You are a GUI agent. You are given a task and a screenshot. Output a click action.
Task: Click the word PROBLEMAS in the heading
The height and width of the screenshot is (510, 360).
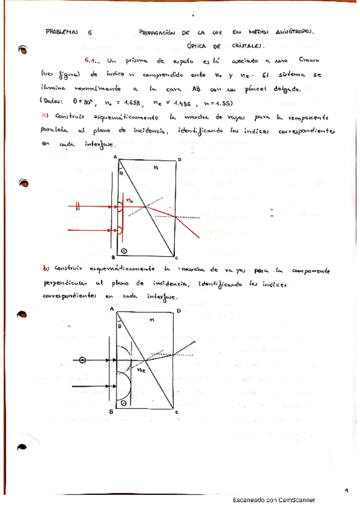62,32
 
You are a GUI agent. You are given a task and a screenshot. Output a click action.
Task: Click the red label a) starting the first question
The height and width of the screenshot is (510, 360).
45,115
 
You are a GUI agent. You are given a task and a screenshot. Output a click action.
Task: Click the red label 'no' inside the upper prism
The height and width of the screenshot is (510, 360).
128,197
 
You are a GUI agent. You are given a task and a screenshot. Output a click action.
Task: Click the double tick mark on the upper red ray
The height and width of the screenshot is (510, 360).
79,205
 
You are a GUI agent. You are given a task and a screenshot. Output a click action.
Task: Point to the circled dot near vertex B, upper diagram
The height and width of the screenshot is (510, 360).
124,250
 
